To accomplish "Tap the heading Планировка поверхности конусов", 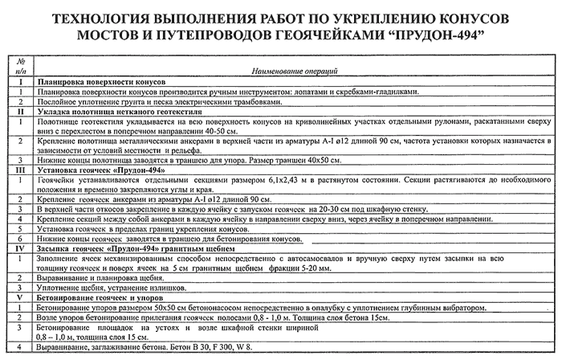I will coord(101,83).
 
